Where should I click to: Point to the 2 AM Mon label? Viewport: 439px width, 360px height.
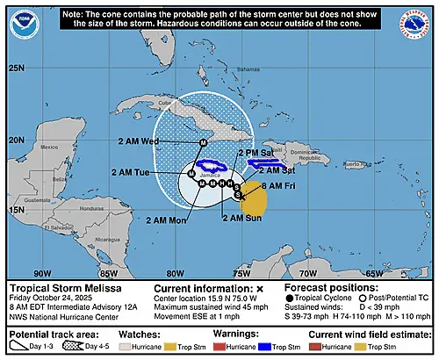tap(165, 220)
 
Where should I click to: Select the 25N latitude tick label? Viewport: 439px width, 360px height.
tap(16, 68)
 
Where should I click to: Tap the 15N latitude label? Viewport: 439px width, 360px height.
tap(16, 211)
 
